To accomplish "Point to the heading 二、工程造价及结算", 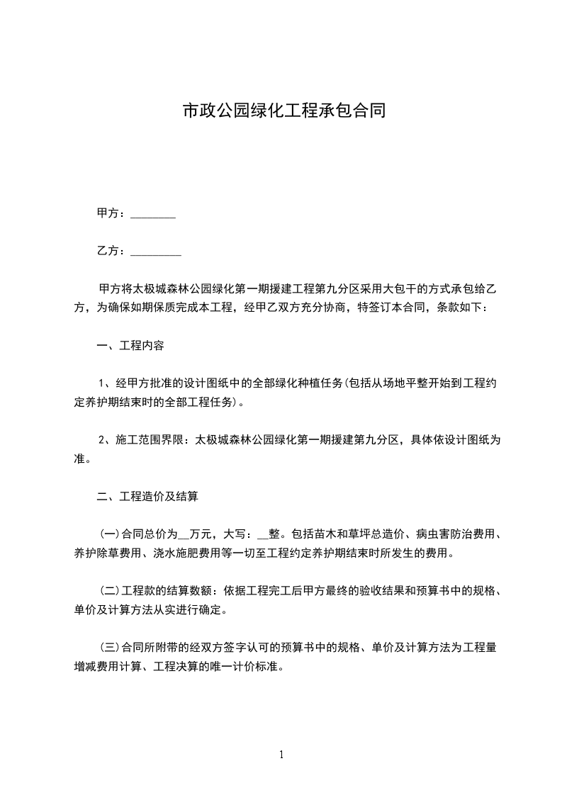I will click(x=147, y=497).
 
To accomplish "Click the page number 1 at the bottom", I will click(x=281, y=755).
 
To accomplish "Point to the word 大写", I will click(x=235, y=534).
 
